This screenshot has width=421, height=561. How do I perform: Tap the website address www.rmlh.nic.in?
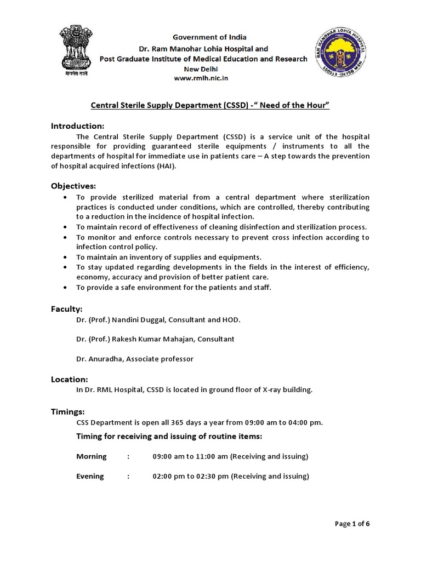point(201,78)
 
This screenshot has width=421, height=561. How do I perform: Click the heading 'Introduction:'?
point(77,126)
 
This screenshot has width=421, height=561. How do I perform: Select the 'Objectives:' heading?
point(73,186)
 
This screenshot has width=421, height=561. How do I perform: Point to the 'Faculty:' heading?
point(67,309)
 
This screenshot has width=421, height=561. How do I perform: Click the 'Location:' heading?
point(70,379)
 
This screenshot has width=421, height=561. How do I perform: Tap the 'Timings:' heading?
point(68,411)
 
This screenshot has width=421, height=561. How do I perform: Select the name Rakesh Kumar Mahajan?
point(149,339)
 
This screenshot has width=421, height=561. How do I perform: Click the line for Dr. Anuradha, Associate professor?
point(135,359)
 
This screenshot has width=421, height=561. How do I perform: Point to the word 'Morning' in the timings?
point(91,456)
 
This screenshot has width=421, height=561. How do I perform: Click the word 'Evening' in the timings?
point(90,476)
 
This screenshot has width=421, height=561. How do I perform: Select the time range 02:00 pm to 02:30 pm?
point(190,476)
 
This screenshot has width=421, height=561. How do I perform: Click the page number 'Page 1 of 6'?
point(352,524)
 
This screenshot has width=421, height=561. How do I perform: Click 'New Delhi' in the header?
point(201,69)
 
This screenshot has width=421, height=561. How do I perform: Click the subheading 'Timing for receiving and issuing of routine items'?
point(169,437)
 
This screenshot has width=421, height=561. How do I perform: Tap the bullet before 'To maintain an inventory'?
point(66,257)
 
